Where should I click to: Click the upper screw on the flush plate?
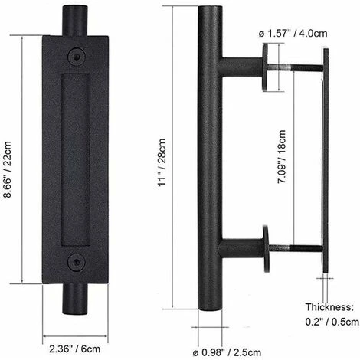click(75, 56)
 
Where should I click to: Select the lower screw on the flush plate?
click(75, 262)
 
